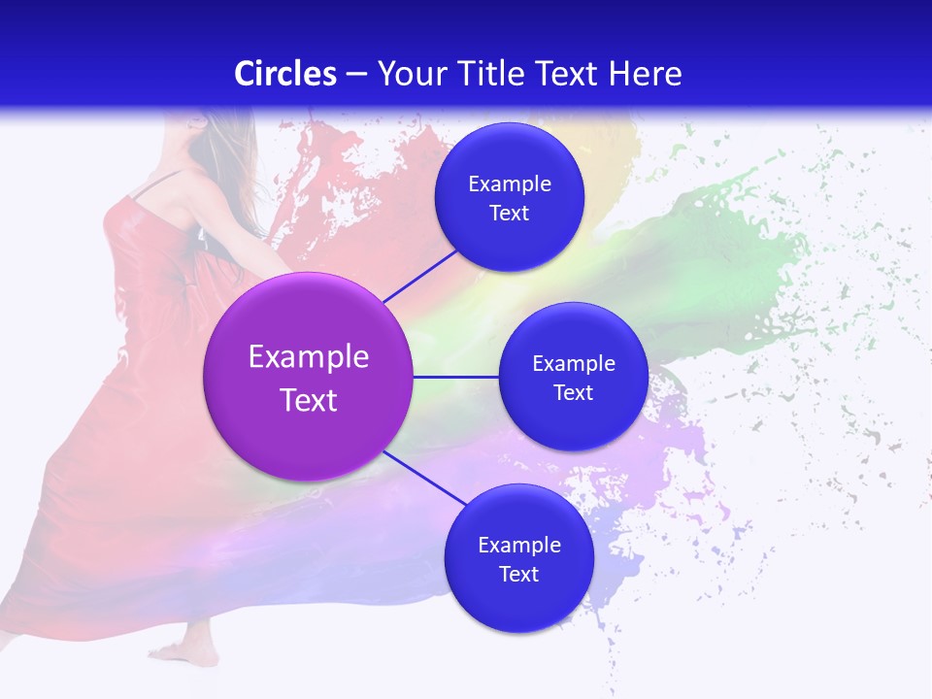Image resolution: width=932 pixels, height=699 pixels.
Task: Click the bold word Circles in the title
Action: (x=284, y=74)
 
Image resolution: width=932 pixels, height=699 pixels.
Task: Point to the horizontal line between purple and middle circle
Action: (x=455, y=377)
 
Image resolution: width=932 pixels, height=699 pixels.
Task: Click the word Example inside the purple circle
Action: (x=309, y=357)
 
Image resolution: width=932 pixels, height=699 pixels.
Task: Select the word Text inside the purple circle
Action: (x=309, y=400)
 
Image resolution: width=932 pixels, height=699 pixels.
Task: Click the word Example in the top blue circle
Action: (x=509, y=184)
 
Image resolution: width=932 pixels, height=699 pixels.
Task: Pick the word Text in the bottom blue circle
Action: (x=518, y=575)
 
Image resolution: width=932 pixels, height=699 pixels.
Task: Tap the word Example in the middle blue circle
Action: (x=573, y=364)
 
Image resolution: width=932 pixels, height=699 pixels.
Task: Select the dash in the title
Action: (x=356, y=75)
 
